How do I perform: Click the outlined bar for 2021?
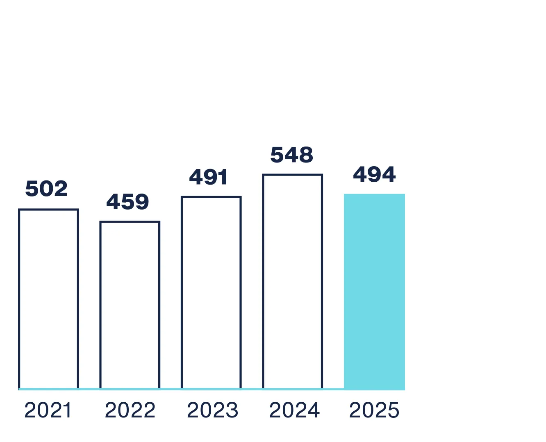pyautogui.click(x=48, y=299)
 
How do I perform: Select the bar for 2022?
pyautogui.click(x=130, y=305)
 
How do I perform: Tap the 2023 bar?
pyautogui.click(x=211, y=293)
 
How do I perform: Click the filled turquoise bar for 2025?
pyautogui.click(x=374, y=291)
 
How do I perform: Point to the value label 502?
pyautogui.click(x=46, y=189)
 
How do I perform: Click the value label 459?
pyautogui.click(x=127, y=202)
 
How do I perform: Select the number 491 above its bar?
pyautogui.click(x=208, y=177)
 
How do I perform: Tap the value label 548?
pyautogui.click(x=291, y=155)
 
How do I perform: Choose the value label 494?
pyautogui.click(x=374, y=175)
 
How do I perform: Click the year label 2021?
pyautogui.click(x=48, y=410)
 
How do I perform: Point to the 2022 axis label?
pyautogui.click(x=130, y=410)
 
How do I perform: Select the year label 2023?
pyautogui.click(x=212, y=410)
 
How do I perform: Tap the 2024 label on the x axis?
pyautogui.click(x=294, y=410)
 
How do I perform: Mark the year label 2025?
pyautogui.click(x=374, y=410)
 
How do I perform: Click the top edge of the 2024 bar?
pyautogui.click(x=292, y=175)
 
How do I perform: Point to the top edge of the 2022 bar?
pyautogui.click(x=130, y=222)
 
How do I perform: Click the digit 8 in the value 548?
pyautogui.click(x=306, y=155)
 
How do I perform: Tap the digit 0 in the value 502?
pyautogui.click(x=46, y=189)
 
